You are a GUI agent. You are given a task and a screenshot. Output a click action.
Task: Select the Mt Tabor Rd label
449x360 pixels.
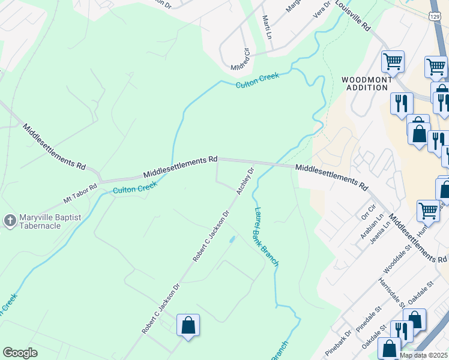point(80,193)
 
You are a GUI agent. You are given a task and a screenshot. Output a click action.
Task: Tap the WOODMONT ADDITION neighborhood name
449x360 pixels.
point(367,83)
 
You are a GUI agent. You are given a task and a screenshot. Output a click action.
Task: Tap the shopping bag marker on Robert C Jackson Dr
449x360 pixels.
point(188,326)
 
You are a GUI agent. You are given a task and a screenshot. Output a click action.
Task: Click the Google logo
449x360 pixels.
point(20,353)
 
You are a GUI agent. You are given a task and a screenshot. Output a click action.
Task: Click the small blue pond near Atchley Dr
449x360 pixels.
point(231,240)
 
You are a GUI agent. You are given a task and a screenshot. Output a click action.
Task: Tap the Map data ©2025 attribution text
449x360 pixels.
point(424,355)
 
